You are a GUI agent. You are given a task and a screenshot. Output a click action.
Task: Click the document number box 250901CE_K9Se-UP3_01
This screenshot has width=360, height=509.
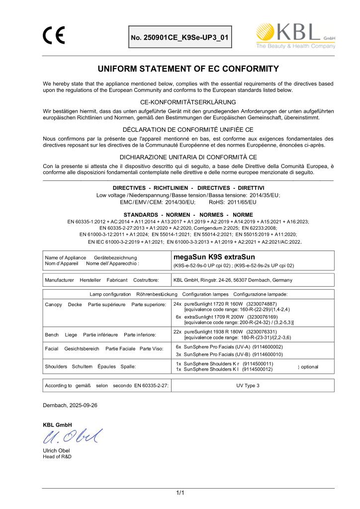180,37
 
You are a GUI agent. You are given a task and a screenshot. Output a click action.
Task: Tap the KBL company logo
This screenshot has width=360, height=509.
295,35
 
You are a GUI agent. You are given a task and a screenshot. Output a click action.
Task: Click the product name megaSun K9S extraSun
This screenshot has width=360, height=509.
214,257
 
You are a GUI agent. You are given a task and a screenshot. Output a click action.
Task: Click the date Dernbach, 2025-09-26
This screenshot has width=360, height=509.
70,405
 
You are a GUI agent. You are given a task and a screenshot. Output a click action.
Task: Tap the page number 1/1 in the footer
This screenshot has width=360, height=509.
180,493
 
